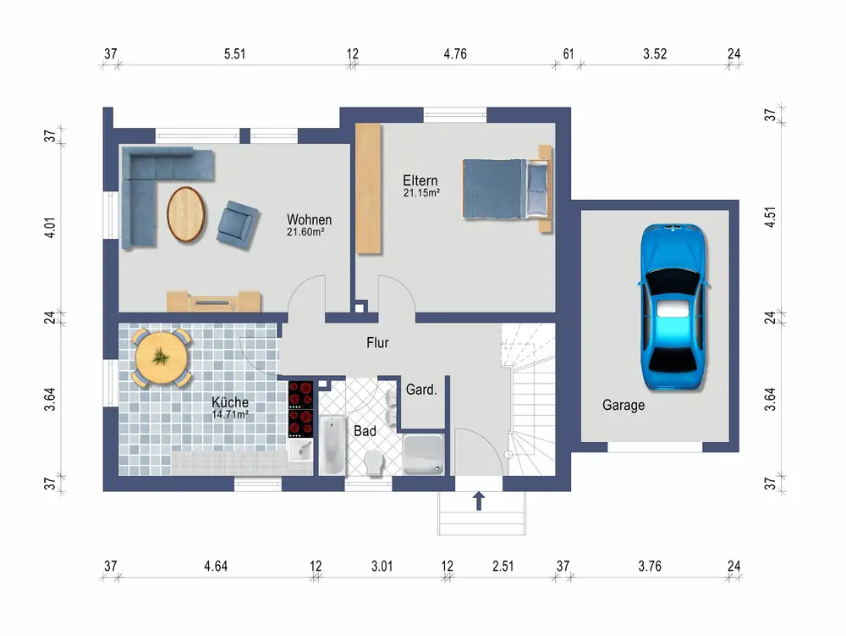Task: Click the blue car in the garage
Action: (674, 306)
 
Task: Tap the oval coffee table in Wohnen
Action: (186, 214)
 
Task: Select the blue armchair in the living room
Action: (238, 224)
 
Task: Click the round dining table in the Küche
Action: (161, 357)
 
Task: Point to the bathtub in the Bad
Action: (332, 445)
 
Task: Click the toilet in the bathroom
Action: (373, 462)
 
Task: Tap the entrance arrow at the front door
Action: (479, 501)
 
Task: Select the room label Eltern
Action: (420, 180)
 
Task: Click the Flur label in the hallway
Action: (377, 342)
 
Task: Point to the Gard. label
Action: (421, 390)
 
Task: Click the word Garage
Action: (624, 405)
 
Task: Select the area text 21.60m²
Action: (305, 232)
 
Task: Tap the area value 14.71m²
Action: (230, 415)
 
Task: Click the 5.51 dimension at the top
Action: (234, 54)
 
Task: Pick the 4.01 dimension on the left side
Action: (50, 228)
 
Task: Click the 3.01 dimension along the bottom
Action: (382, 567)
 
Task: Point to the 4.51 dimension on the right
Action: (771, 217)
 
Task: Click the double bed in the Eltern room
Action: (507, 188)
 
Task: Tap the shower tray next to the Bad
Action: (424, 454)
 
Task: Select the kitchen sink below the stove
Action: (300, 450)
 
